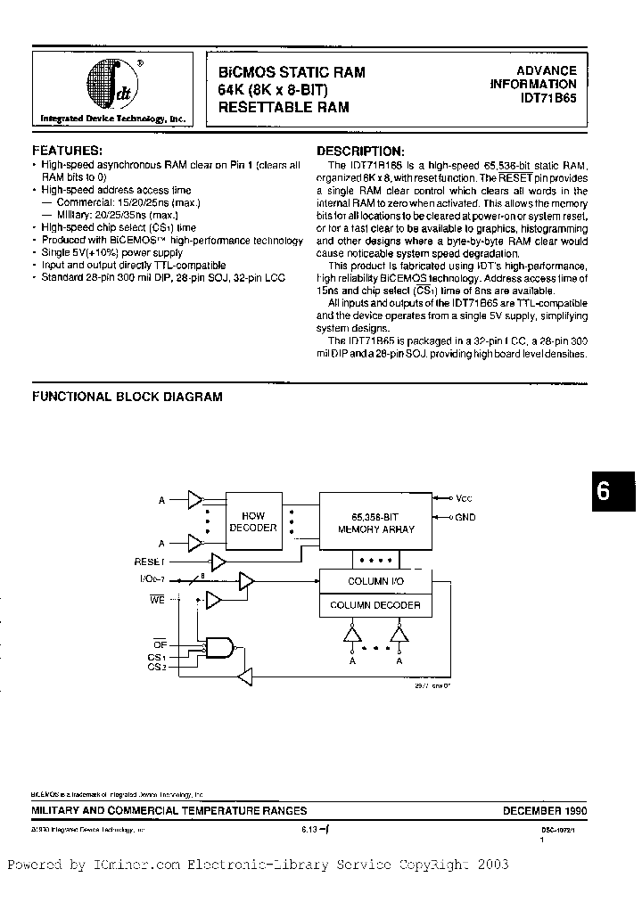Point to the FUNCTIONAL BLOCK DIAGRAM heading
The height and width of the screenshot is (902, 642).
[x=127, y=397]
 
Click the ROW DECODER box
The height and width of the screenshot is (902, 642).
[x=253, y=521]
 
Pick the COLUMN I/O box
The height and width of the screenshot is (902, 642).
[x=375, y=581]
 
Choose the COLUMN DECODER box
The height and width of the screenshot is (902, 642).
[x=375, y=605]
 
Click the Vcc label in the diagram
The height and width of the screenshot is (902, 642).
[x=463, y=498]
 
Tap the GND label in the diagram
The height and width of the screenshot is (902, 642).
[x=464, y=517]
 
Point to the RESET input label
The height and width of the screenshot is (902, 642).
[x=150, y=562]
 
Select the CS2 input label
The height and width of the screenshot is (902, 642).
[x=157, y=666]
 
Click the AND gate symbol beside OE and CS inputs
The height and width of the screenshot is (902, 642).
[x=220, y=649]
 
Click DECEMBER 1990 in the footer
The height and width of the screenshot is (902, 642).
[x=545, y=810]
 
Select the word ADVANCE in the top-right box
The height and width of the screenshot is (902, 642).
[x=547, y=70]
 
